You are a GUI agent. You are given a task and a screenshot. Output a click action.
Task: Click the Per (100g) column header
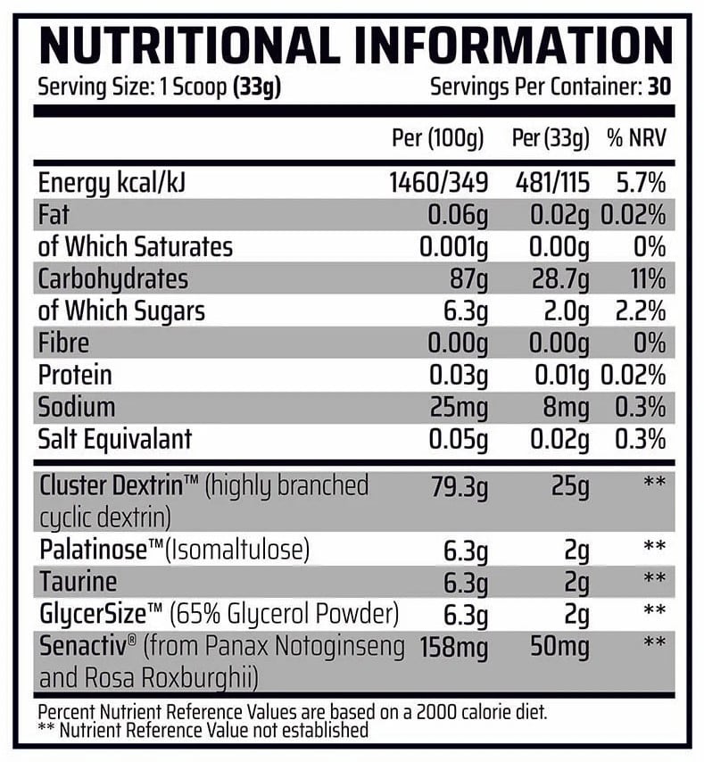438,139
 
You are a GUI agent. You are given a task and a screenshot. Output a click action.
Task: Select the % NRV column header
636,139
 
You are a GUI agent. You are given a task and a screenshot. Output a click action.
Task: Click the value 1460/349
439,184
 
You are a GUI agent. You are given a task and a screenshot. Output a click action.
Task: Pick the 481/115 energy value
552,184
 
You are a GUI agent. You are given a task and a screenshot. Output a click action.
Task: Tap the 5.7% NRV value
642,184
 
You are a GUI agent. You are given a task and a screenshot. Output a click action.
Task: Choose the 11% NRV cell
648,278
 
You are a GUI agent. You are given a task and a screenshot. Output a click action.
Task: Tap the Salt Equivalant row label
115,439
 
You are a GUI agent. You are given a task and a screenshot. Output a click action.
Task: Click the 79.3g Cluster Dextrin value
456,487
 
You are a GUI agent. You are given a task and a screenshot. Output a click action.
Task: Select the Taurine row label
79,583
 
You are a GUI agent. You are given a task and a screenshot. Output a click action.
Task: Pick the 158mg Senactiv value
454,646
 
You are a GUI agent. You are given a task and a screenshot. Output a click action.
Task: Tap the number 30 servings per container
660,89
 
